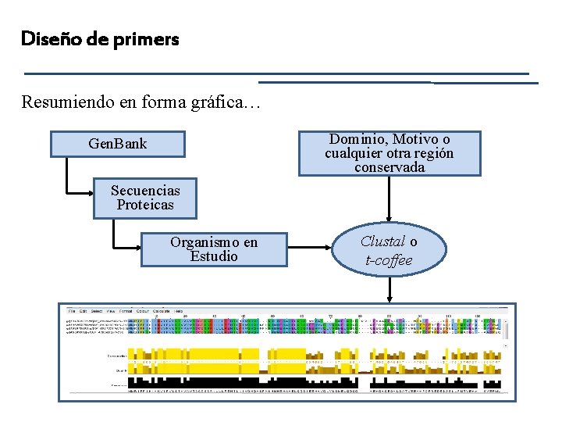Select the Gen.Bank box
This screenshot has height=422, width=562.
pos(118,144)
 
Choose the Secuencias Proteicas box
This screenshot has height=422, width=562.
pos(145,198)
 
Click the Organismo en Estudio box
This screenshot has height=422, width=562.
pos(214,249)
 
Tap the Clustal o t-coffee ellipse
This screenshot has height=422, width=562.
pos(389,251)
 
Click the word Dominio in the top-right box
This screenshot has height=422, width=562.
pos(358,140)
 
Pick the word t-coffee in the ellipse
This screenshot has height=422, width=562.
pos(389,260)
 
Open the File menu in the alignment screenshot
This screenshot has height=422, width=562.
pos(72,311)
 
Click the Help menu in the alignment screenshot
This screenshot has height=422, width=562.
pos(179,311)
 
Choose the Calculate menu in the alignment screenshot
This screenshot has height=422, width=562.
pos(162,311)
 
